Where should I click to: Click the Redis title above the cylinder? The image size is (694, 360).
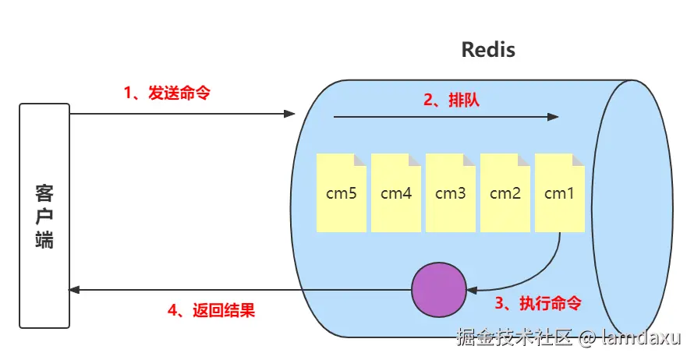(x=489, y=51)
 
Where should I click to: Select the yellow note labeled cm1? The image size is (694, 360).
(x=559, y=193)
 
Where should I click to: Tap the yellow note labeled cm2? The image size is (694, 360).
(x=505, y=193)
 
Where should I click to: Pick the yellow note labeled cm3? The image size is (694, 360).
(x=450, y=193)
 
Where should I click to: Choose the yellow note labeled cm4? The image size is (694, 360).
(x=395, y=193)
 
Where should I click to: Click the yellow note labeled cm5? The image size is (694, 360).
(x=341, y=193)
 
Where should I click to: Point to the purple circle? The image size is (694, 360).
(x=438, y=289)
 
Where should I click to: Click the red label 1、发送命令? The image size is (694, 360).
(x=167, y=92)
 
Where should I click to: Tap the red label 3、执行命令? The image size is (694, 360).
(x=539, y=302)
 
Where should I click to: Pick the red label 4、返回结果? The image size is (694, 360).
(x=211, y=310)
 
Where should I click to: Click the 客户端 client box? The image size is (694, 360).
(x=44, y=215)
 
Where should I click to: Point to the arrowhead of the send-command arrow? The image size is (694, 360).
(x=290, y=115)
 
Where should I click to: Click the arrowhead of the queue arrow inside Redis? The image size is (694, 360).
(x=554, y=118)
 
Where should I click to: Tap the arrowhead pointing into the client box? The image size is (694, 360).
(x=75, y=290)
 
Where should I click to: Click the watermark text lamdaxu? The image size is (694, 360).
(x=639, y=337)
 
